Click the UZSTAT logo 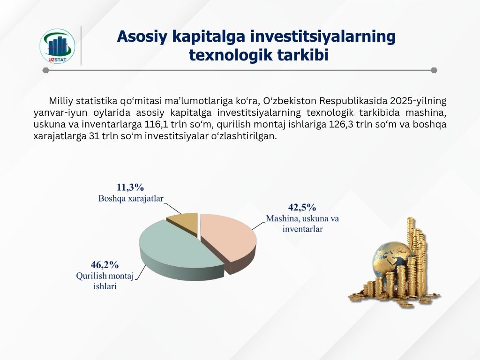[57, 46]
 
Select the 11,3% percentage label [130, 187]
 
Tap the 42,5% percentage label [302, 208]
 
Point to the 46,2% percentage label [105, 264]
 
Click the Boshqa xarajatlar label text [131, 199]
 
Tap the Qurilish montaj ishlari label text [105, 281]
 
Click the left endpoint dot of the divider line [45, 70]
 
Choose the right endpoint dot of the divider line [434, 70]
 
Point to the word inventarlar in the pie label [302, 229]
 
